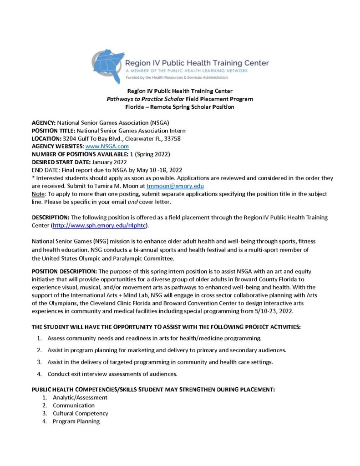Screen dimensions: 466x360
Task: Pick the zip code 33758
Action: (x=177, y=138)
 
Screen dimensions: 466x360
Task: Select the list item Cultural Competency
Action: (x=80, y=413)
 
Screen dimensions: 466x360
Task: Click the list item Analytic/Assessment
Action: (x=80, y=397)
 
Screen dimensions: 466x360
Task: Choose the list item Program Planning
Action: (x=76, y=421)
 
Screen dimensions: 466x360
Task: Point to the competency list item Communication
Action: (x=74, y=405)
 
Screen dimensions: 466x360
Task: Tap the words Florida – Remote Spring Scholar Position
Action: (x=179, y=107)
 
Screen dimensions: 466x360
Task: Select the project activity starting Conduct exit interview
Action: (x=112, y=374)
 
